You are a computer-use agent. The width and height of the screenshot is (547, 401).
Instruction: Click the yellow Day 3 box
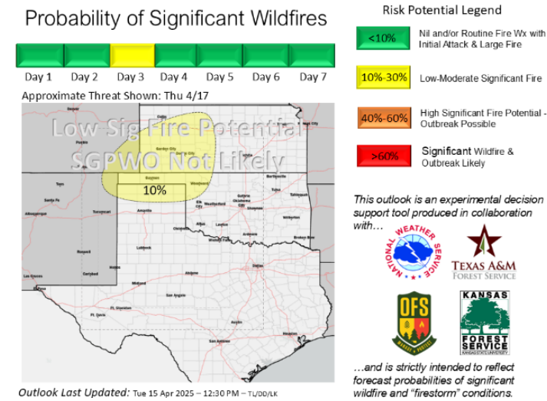[x=130, y=56]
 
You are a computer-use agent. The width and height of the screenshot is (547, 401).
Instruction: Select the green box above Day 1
[x=39, y=56]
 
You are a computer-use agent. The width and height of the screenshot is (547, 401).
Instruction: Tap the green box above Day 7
[x=313, y=56]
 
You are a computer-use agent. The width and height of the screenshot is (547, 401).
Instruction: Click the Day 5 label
[x=219, y=77]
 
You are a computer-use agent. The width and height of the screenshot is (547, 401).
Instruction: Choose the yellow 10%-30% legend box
[x=382, y=78]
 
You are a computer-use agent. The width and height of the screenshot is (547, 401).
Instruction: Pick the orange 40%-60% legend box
[x=382, y=118]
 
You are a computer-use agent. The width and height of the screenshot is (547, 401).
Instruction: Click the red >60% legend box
[x=382, y=156]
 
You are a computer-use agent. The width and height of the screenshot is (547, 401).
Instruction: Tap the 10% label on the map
[x=154, y=190]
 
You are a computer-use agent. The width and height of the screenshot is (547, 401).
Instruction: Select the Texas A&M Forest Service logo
[x=483, y=253]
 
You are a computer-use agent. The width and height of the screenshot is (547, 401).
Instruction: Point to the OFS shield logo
[x=413, y=323]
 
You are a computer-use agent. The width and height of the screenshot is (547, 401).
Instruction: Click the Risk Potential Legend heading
[x=430, y=11]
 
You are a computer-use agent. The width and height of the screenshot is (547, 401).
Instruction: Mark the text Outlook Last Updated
[x=74, y=392]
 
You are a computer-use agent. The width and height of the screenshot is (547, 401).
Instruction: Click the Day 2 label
[x=84, y=77]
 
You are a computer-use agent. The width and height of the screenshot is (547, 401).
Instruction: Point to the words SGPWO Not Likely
[x=177, y=161]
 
